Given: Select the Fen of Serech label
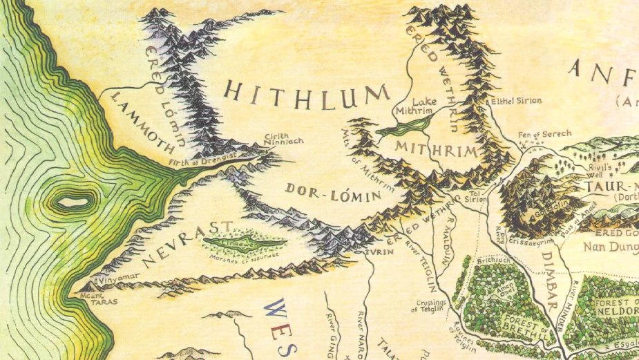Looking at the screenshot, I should coord(542,135).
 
